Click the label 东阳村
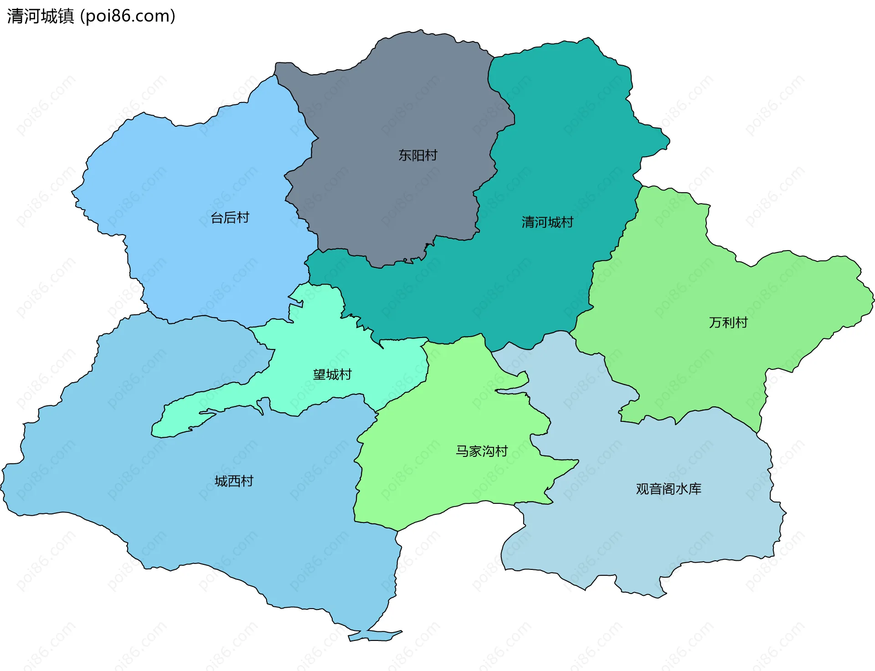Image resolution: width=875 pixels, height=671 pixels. coord(417,155)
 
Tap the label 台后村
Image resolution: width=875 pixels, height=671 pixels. coord(230,218)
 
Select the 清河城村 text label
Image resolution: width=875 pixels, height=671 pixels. coord(547,222)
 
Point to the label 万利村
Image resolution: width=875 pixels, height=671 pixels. coord(728,323)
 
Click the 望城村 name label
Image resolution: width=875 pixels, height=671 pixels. coord(332,374)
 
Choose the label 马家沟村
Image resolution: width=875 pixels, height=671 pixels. coord(482,451)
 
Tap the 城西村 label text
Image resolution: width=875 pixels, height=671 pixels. coord(234,481)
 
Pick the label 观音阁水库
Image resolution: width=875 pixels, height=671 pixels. coord(668,489)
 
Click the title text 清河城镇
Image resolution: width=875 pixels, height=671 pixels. coord(41,16)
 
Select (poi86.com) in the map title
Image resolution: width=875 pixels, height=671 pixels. coord(128,16)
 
